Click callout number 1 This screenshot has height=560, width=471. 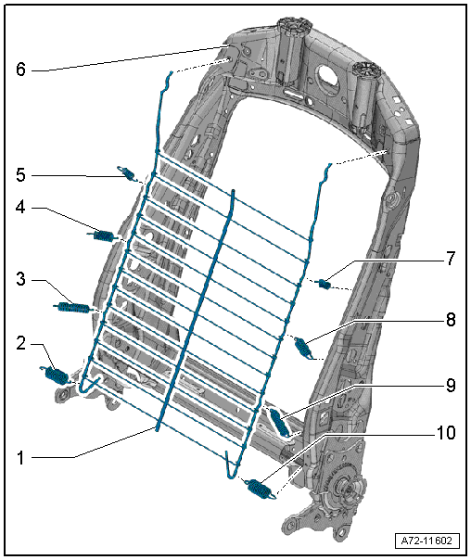20,457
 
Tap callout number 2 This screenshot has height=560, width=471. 20,343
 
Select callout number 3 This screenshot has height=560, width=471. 20,279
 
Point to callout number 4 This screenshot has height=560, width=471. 20,207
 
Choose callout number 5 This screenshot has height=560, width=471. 20,175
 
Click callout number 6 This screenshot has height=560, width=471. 20,69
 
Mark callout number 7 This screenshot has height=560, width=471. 451,259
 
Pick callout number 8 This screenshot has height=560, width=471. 451,319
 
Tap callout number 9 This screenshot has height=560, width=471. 451,386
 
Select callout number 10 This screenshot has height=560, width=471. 446,432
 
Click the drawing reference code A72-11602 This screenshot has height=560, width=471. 426,541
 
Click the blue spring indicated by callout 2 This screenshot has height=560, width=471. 57,375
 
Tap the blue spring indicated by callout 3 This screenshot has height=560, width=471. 74,307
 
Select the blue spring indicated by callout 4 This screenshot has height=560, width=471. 103,236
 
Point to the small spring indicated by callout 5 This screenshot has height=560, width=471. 128,173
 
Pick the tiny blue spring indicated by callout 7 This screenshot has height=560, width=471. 325,284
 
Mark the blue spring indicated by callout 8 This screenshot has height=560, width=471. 303,348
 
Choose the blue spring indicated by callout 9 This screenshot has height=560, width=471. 280,422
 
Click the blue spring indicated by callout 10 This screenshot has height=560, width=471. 260,489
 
